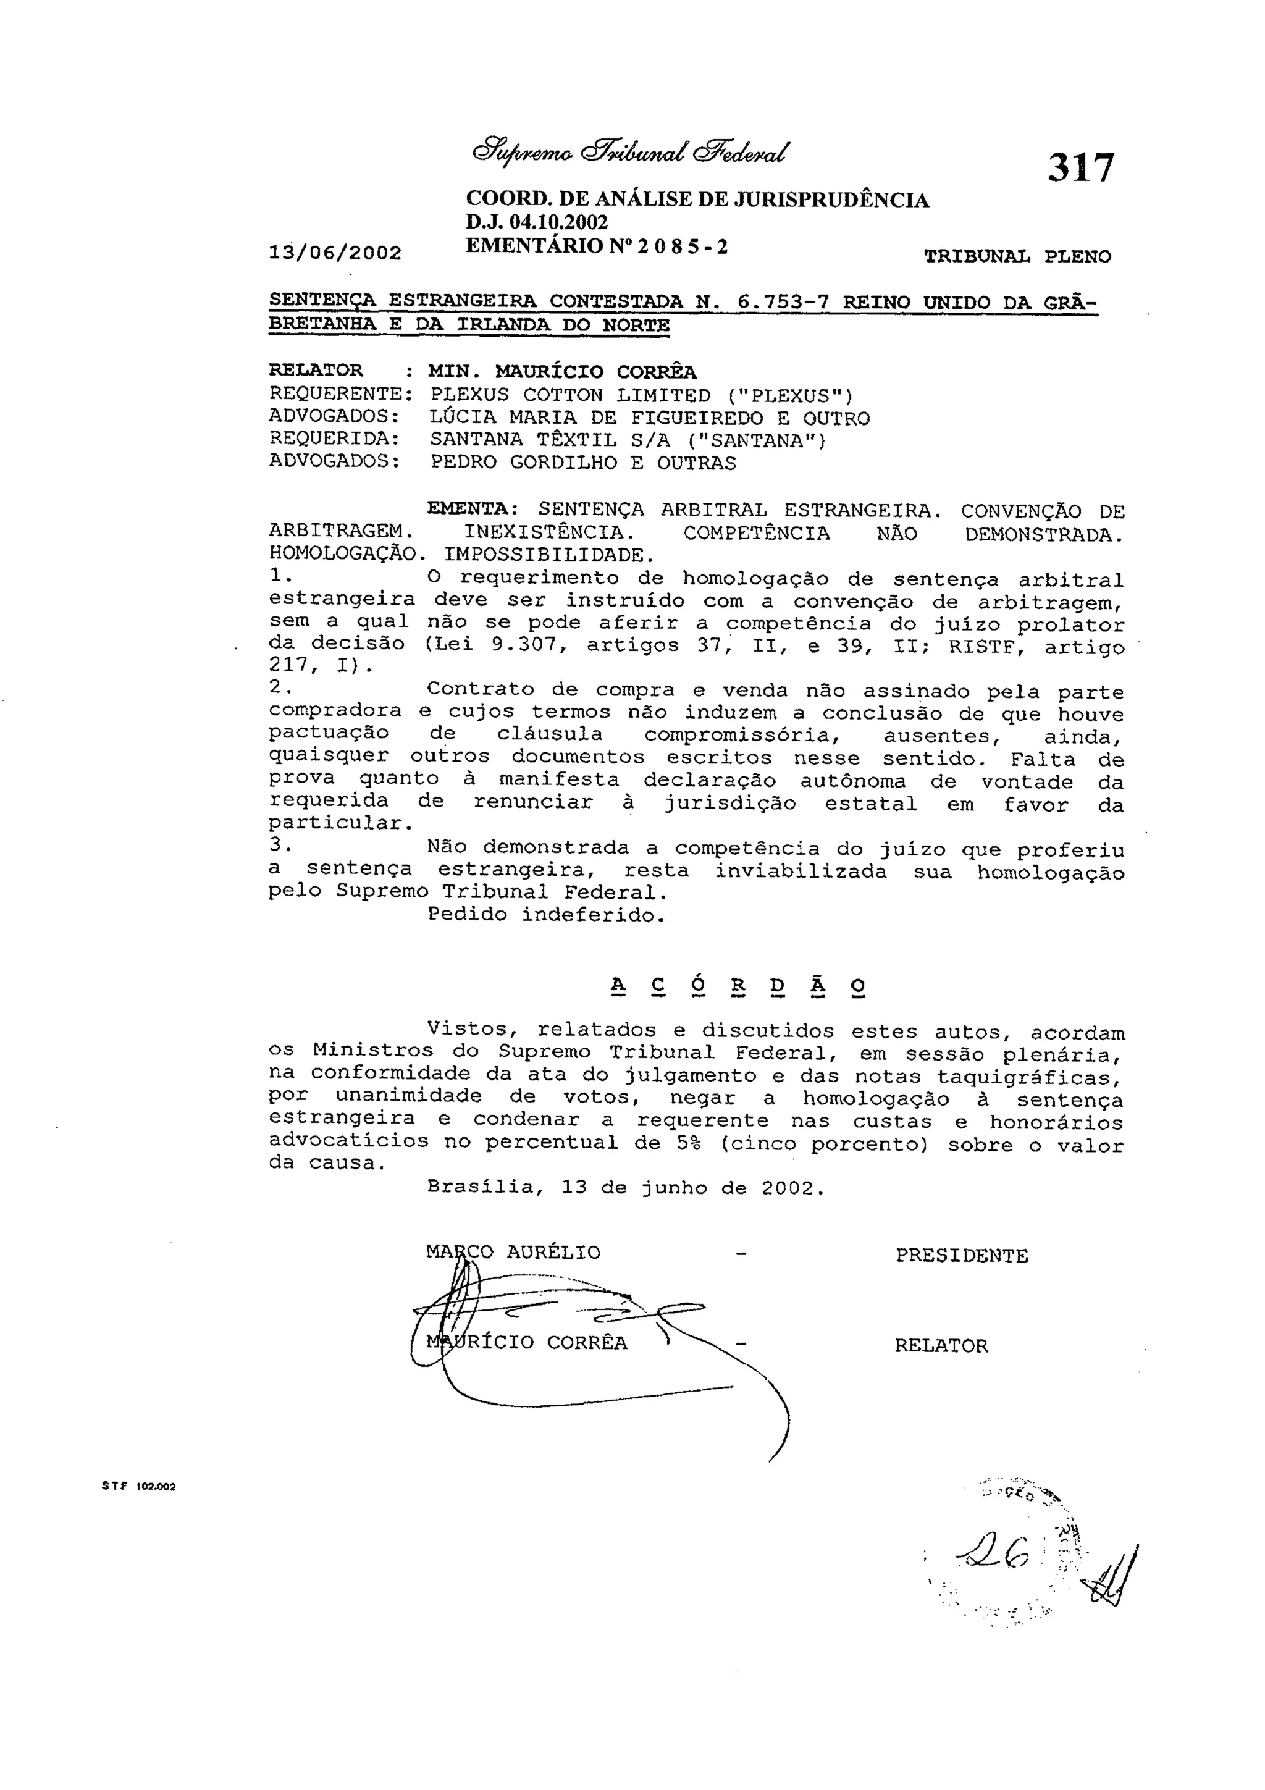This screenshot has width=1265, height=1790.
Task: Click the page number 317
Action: [x=1081, y=167]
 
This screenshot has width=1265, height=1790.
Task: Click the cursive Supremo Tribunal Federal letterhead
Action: [x=631, y=149]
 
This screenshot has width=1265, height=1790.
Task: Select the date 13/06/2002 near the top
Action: [x=335, y=253]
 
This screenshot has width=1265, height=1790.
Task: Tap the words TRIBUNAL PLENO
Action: [x=1017, y=256]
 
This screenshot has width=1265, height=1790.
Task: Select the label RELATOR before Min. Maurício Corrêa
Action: [x=316, y=371]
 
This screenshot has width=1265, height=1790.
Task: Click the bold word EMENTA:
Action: [x=473, y=509]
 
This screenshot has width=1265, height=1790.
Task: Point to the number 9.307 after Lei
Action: [x=529, y=645]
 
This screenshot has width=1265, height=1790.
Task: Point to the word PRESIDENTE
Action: [x=961, y=1255]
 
